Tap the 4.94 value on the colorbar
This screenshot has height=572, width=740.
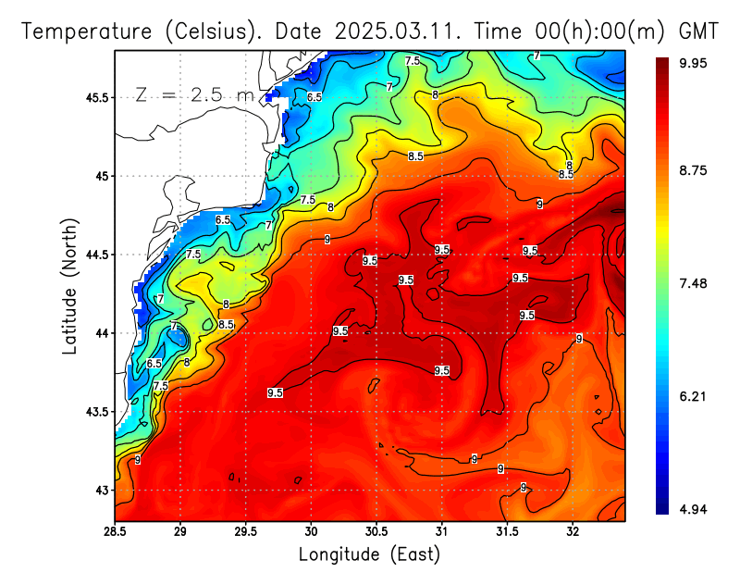click(x=693, y=508)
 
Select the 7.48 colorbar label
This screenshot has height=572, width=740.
click(x=693, y=283)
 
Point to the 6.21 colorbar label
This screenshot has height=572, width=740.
click(x=693, y=396)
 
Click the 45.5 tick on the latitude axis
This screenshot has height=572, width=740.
click(x=96, y=97)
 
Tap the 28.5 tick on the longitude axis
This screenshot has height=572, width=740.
click(x=115, y=532)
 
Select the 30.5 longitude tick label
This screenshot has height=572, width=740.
click(x=376, y=532)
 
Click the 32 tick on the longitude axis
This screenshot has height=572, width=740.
click(x=573, y=532)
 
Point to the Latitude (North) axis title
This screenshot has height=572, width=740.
click(x=70, y=282)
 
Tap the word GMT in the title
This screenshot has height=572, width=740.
click(x=698, y=31)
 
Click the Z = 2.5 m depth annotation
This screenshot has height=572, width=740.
click(x=194, y=94)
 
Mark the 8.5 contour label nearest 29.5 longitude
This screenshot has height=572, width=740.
click(x=227, y=325)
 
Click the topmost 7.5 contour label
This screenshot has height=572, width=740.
click(x=413, y=60)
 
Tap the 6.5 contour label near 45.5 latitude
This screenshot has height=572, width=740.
click(x=314, y=97)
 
